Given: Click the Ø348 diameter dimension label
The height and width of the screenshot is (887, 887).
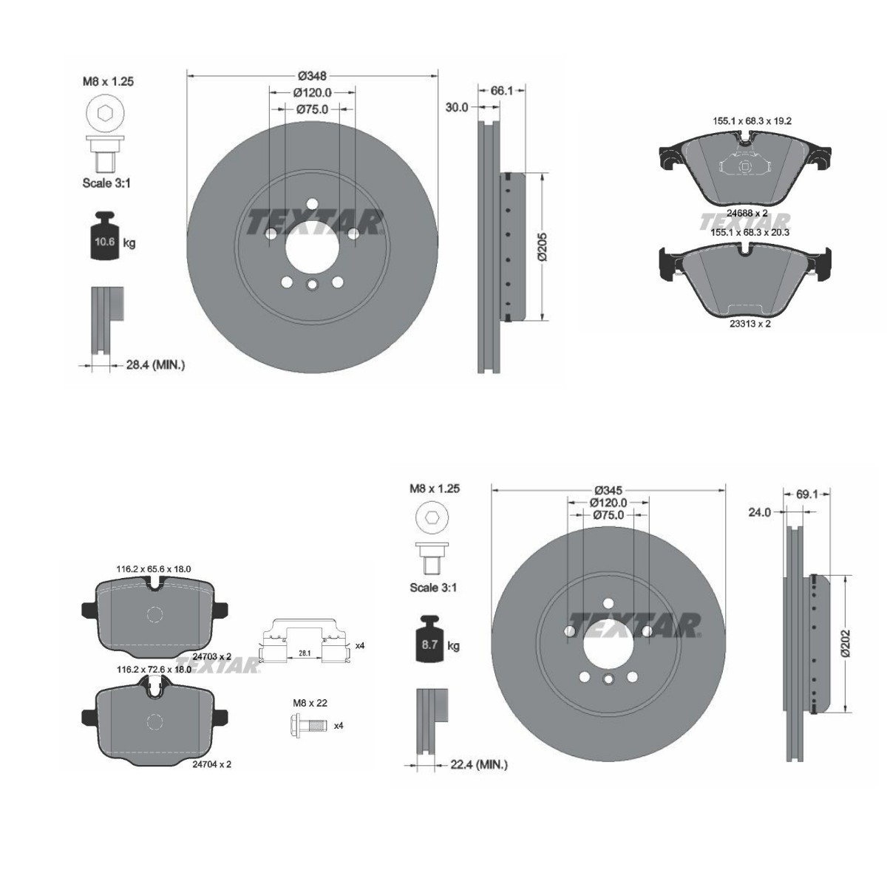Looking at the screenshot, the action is (312, 75).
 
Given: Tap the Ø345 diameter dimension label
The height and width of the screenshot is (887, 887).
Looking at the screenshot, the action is (608, 490).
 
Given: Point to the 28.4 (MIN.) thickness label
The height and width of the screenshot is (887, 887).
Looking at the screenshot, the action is (155, 365).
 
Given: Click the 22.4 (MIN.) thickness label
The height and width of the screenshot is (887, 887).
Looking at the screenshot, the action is (479, 764).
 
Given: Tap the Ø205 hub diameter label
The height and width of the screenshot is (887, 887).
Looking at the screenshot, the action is (543, 247).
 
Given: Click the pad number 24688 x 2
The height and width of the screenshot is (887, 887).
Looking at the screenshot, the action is (747, 213).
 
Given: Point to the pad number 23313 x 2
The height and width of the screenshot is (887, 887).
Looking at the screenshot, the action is (750, 324).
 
